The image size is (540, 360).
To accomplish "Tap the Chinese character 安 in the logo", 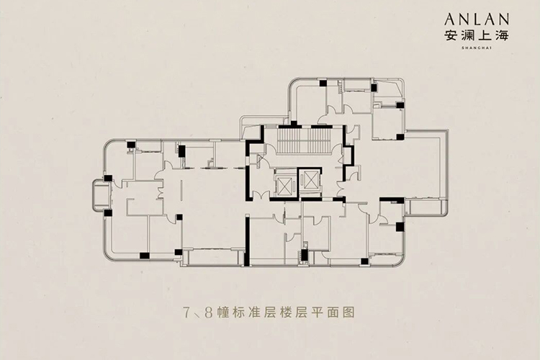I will point(454,35).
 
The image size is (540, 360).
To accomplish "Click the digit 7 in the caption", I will point(186,314).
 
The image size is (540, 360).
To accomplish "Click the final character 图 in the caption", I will point(351,314).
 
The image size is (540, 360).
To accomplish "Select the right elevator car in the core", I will point(310,181).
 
